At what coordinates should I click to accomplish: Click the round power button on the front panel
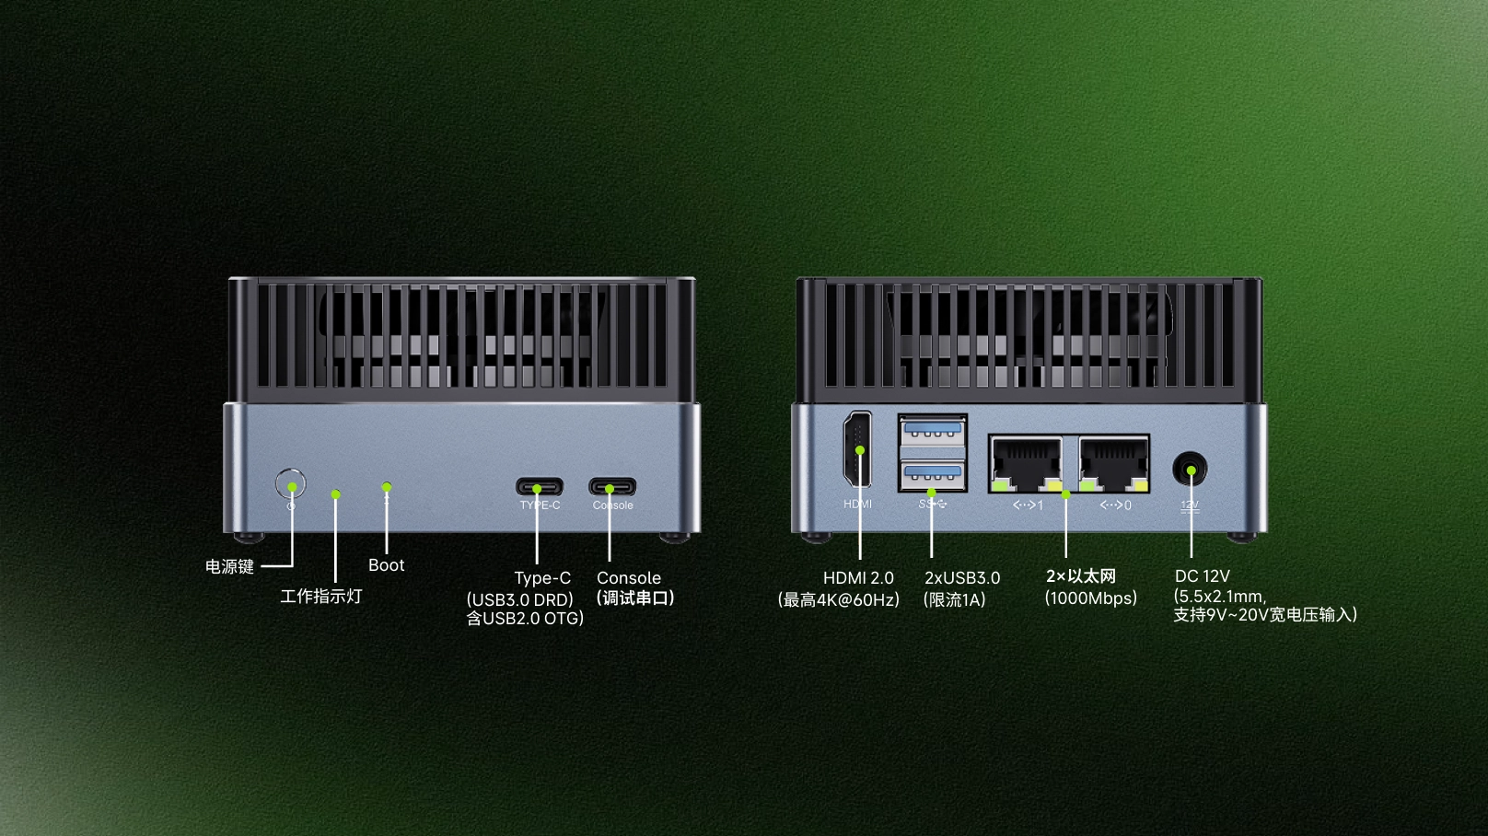[291, 484]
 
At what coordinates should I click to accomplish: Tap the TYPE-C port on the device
[540, 487]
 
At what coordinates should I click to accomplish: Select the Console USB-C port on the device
[612, 487]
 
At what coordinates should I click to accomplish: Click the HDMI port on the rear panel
[857, 449]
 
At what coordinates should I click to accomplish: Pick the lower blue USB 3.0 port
[933, 474]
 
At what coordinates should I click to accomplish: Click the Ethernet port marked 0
[1114, 463]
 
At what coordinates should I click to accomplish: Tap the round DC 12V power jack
[1191, 470]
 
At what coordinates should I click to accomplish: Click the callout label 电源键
[230, 566]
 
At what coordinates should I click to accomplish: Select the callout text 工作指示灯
[320, 596]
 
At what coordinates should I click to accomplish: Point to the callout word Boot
[386, 565]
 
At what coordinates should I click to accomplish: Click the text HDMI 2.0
[858, 577]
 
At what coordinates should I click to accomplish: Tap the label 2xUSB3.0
[962, 577]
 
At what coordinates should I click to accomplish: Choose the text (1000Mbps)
[1091, 598]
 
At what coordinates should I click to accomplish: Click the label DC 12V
[1203, 575]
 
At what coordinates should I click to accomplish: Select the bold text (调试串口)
[635, 598]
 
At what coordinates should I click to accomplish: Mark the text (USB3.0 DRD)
[519, 599]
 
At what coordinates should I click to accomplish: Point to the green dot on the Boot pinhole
[387, 487]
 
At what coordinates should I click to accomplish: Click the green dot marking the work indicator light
[335, 494]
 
